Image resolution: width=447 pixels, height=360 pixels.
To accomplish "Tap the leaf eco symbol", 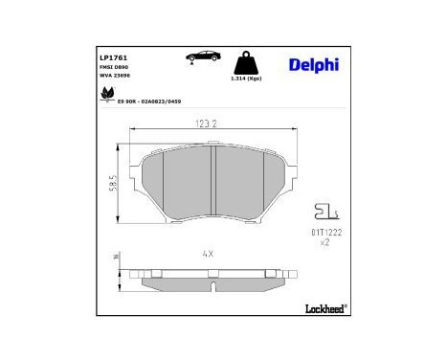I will tap(107, 95).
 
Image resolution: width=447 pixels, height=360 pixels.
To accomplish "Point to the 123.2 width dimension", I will tap(209, 124).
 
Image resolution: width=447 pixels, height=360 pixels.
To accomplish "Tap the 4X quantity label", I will tap(208, 253).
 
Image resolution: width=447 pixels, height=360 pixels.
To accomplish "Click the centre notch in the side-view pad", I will tap(212, 283).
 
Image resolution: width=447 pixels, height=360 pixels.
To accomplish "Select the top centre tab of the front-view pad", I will tap(212, 145).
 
